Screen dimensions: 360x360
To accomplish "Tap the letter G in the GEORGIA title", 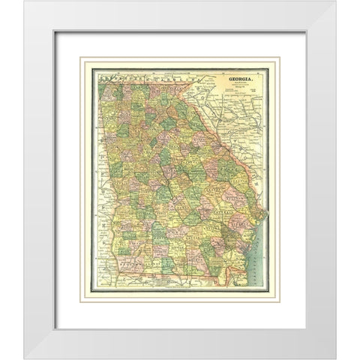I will point(222,76).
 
